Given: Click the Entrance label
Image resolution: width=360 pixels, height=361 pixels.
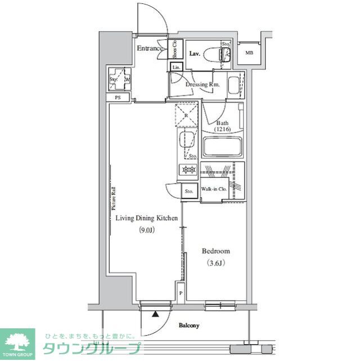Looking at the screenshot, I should [x=150, y=48].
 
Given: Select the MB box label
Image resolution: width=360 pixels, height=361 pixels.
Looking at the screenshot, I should [x=248, y=54].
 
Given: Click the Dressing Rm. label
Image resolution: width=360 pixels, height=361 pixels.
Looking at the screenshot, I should [x=202, y=84].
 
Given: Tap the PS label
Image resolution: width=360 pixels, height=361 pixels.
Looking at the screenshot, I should [x=118, y=97].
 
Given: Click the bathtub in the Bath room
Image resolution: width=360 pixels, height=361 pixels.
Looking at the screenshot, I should [x=222, y=148].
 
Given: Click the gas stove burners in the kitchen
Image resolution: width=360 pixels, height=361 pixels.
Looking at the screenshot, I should [x=188, y=169].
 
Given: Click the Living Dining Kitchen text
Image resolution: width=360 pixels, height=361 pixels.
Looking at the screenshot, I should [x=147, y=218].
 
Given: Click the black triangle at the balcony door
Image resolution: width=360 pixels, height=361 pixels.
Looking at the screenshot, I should [x=155, y=314].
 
